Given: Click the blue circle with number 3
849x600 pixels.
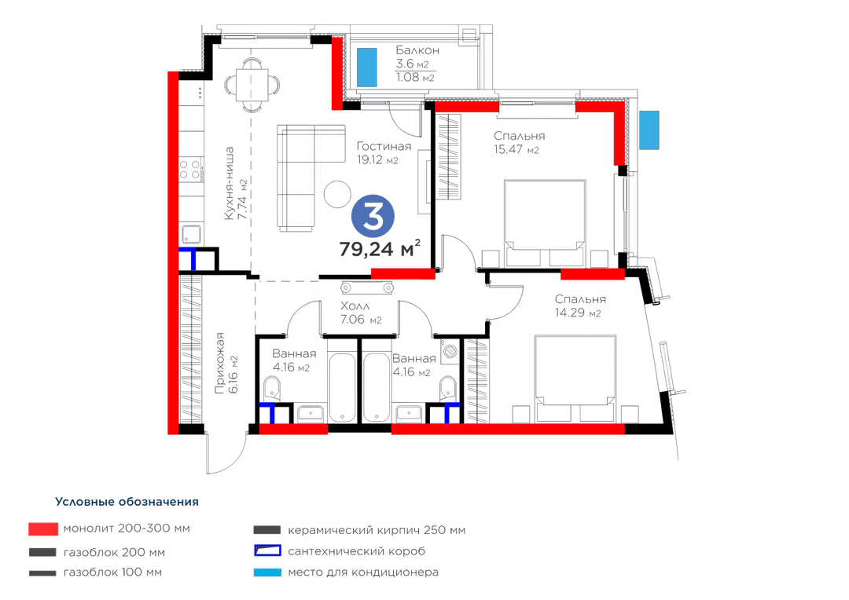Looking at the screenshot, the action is (373, 216).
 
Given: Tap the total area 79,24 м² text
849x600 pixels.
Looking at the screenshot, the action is (380, 249).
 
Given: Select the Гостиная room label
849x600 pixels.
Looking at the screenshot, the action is (384, 146).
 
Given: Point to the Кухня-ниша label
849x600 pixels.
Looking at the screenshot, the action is (229, 184).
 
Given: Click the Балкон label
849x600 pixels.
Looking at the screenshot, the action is (417, 50).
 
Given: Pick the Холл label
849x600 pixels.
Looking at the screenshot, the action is (355, 306).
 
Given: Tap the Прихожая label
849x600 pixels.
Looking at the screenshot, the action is (219, 363).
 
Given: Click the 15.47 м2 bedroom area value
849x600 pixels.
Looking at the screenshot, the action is (516, 150).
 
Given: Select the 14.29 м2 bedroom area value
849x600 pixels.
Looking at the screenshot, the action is (578, 313).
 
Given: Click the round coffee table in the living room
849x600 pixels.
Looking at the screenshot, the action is (337, 194).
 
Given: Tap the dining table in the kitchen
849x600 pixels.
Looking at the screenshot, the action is (252, 85).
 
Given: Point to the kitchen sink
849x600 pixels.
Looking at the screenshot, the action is (191, 234).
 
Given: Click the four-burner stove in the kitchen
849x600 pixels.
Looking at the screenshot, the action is (191, 169).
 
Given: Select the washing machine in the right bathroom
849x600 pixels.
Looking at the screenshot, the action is (450, 351).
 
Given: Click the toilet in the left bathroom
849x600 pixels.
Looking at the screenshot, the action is (272, 389).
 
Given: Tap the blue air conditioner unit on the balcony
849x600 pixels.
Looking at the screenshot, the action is (366, 67).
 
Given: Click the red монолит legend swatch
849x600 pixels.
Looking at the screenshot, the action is (43, 529).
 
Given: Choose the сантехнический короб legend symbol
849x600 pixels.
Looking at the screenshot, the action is (267, 551).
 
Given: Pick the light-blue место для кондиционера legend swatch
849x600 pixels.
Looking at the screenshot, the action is (267, 573).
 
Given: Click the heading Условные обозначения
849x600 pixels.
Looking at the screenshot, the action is (127, 502).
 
